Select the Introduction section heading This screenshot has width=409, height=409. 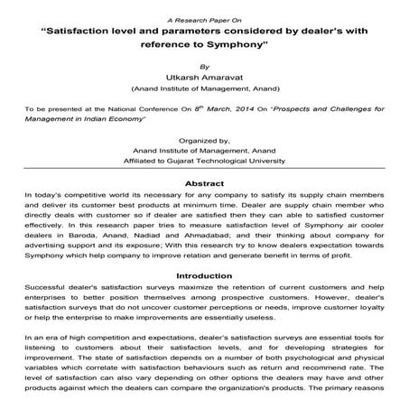click(203, 275)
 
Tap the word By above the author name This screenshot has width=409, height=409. click(204, 66)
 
